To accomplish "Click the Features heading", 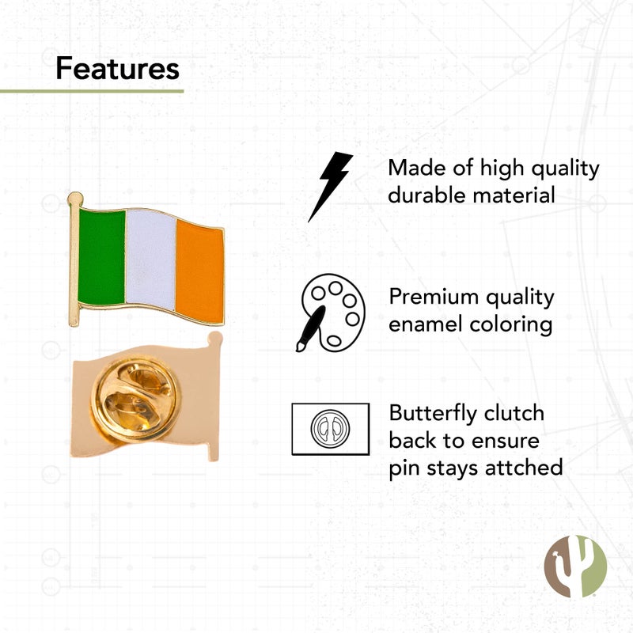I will pos(117,70).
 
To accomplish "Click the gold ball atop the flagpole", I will pos(74,198).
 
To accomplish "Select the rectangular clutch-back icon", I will pos(330,429).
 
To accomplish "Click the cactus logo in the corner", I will pos(575,566).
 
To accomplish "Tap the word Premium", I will pos(434,298).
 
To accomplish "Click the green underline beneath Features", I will pos(92,91).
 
